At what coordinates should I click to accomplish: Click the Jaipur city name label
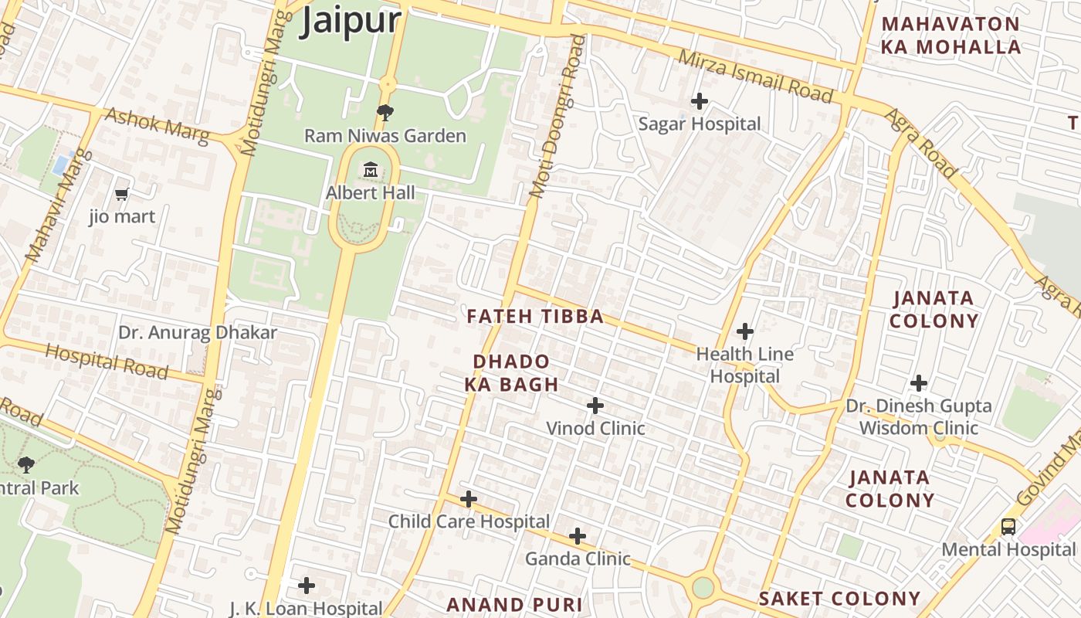(351, 20)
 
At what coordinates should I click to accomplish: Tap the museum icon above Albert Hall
(371, 169)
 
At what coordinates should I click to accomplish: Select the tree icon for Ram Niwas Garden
(385, 113)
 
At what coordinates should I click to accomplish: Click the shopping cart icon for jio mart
(121, 194)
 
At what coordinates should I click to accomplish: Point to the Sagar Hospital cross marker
(699, 101)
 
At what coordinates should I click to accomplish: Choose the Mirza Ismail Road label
(755, 76)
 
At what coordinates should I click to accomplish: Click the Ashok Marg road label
(157, 126)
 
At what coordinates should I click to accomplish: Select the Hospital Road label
(106, 362)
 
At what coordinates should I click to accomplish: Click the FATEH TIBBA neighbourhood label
(535, 317)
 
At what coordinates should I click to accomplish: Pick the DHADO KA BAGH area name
(511, 373)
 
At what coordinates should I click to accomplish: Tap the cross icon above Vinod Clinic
(595, 406)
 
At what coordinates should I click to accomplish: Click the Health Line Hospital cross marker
(744, 332)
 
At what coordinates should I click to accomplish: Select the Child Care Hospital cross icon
(468, 499)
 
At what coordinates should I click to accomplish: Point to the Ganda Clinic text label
(578, 559)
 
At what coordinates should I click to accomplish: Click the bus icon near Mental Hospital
(1008, 527)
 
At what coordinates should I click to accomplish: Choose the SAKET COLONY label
(839, 599)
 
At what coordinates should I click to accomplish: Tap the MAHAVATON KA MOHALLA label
(951, 36)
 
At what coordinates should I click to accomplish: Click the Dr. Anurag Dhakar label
(197, 333)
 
